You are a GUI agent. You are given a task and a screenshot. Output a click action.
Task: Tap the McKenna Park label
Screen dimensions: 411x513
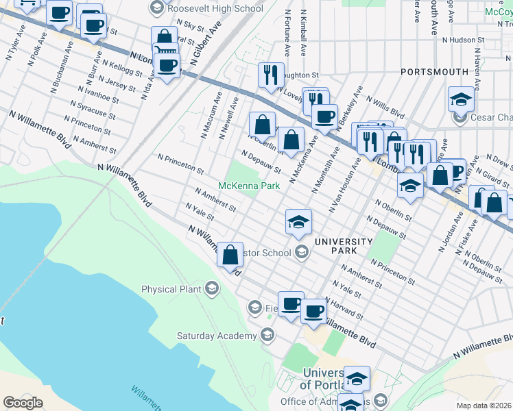click(x=249, y=186)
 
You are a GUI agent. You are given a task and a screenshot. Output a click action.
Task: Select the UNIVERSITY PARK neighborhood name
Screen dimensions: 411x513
click(x=343, y=247)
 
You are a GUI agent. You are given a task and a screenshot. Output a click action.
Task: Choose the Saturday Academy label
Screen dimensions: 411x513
click(x=216, y=336)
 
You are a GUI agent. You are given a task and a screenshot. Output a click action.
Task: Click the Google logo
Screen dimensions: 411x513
click(x=23, y=403)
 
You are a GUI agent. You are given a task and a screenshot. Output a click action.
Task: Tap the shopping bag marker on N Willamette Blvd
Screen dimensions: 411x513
click(x=230, y=255)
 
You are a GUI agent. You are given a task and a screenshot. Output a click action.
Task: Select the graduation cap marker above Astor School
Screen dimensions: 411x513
click(x=298, y=221)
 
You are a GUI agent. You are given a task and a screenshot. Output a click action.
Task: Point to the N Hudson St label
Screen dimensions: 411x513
click(x=464, y=40)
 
